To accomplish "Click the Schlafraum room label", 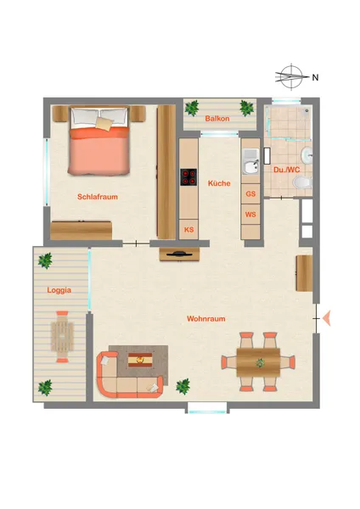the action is click(98, 197).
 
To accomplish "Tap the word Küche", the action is click(219, 183).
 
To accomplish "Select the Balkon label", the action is click(217, 119).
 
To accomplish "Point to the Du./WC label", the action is click(287, 170).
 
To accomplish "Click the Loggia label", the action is click(59, 290).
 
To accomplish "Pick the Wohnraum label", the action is click(206, 319).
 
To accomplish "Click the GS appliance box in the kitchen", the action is click(250, 193).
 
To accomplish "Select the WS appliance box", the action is click(250, 215).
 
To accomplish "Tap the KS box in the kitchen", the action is click(188, 230).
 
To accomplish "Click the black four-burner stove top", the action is click(188, 177).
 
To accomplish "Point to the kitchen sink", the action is click(250, 162).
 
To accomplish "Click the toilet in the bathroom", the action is click(303, 182).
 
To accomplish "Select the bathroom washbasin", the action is click(307, 154).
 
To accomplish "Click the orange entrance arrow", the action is click(326, 318).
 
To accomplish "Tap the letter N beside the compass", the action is click(315, 77).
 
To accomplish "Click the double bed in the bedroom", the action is click(99, 141).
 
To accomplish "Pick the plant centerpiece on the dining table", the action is click(260, 362).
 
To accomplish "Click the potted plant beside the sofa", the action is click(183, 386).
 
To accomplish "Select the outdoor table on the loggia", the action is click(62, 336).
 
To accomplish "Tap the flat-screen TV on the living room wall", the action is click(179, 255).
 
